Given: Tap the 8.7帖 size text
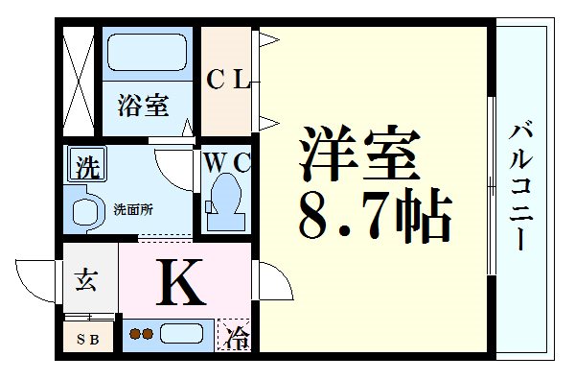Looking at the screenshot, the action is click(374, 216).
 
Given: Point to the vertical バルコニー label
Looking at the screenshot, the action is click(522, 187).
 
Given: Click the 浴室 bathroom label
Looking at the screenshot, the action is click(144, 107).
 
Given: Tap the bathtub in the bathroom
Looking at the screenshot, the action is click(147, 53).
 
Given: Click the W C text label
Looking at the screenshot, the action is click(226, 162).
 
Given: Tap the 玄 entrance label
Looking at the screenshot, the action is click(86, 281).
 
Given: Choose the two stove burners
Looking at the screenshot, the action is click(141, 335).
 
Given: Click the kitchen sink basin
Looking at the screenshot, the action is click(182, 335).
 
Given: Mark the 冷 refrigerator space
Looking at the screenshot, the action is click(236, 337).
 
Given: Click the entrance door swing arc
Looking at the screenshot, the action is click(38, 278).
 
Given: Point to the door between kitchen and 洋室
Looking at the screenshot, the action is click(267, 278).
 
